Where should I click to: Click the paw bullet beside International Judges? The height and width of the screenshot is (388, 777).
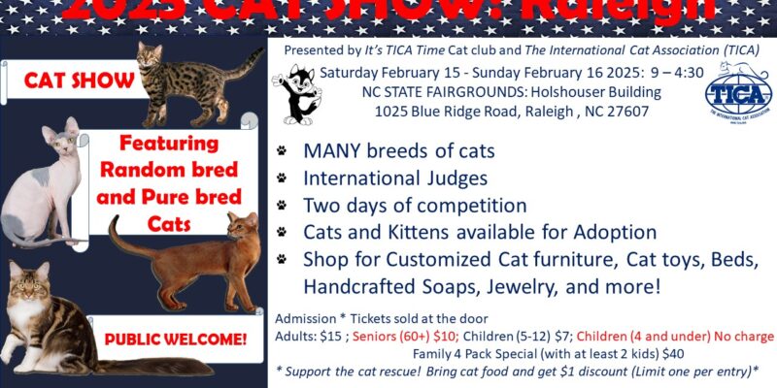[282, 178]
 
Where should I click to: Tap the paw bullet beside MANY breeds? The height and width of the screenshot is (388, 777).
[282, 151]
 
